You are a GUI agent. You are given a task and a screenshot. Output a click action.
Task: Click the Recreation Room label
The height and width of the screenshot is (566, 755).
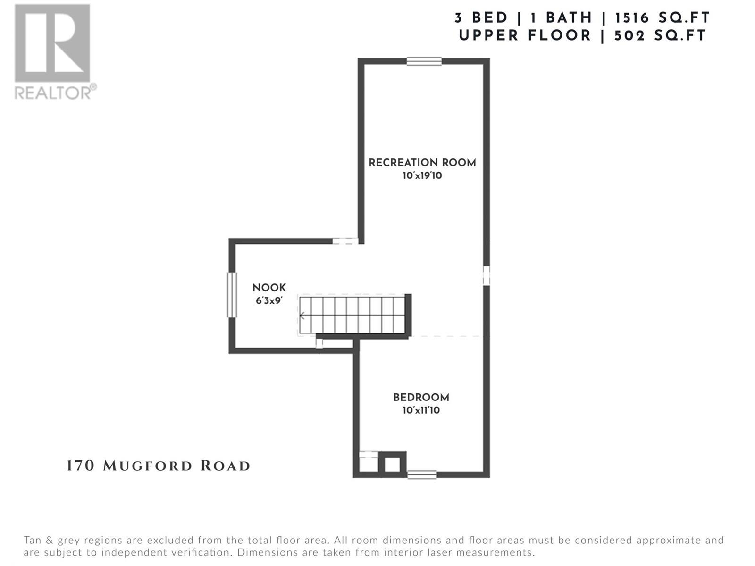(422, 163)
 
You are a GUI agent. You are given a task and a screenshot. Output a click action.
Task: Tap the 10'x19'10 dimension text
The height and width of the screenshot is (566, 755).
(422, 175)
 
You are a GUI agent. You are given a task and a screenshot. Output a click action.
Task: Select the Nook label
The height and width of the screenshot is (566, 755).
(269, 288)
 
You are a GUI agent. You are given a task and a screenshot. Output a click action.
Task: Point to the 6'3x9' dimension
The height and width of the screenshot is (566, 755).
(268, 301)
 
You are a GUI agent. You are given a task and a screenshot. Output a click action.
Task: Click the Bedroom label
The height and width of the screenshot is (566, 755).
(421, 397)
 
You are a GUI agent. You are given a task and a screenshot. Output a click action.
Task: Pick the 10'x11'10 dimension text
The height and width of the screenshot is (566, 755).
(421, 410)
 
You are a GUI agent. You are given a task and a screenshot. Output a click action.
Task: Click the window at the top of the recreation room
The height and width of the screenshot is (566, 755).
(424, 61)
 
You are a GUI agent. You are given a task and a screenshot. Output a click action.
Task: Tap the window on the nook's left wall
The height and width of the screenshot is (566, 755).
(232, 294)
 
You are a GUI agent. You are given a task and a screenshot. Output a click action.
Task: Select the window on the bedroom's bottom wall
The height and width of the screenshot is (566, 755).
(422, 474)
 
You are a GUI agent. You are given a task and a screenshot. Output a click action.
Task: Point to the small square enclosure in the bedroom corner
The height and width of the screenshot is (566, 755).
(392, 464)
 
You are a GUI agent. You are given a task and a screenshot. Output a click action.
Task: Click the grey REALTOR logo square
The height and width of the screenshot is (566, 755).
(52, 43)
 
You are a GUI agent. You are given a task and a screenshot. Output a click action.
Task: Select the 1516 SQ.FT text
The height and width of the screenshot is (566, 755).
(663, 18)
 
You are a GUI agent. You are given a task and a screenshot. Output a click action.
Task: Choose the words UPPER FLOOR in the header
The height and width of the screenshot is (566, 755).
(525, 36)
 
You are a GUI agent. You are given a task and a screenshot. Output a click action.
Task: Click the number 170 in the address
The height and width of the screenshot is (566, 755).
(80, 466)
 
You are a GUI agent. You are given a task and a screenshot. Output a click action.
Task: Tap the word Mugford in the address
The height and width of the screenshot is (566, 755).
(148, 466)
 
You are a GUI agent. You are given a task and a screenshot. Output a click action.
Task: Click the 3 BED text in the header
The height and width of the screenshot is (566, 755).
(481, 18)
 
